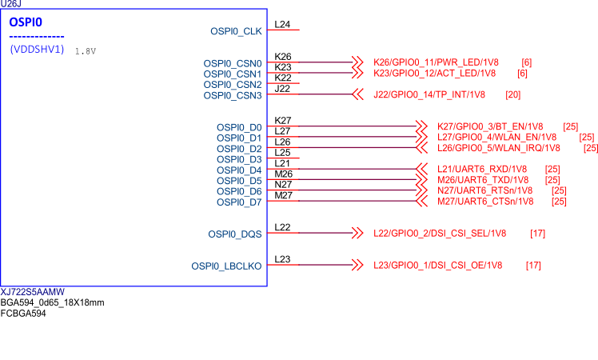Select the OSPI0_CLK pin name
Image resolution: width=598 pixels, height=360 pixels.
click(236, 32)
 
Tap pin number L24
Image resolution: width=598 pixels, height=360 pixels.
click(282, 25)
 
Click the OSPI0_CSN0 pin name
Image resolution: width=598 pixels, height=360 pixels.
click(233, 63)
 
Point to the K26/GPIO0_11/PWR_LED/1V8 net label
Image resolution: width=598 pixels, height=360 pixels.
click(437, 62)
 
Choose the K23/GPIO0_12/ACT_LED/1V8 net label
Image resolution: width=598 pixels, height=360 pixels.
click(435, 73)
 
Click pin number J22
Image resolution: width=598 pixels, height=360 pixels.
click(282, 89)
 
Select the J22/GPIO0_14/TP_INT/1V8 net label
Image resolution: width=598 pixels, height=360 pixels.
click(429, 95)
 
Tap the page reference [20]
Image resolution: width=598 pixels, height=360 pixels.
click(512, 95)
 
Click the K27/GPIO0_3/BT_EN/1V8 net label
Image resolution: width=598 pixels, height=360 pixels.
click(490, 126)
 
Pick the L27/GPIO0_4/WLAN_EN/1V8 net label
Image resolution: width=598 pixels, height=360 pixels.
click(497, 138)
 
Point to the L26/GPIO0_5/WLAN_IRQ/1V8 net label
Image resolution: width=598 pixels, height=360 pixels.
click(499, 148)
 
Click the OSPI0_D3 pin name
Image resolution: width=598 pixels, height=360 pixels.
click(239, 159)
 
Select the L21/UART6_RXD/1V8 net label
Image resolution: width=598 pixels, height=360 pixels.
click(482, 169)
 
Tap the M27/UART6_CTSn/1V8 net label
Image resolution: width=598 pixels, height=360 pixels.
click(485, 202)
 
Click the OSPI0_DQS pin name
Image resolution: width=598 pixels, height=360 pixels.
click(235, 234)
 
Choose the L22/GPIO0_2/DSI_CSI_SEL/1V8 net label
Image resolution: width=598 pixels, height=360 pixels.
click(440, 234)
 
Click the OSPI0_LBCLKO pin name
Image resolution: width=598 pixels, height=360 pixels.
click(226, 266)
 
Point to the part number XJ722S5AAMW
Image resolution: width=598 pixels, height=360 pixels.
click(33, 293)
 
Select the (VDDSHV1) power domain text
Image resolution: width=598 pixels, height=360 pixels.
click(37, 50)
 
